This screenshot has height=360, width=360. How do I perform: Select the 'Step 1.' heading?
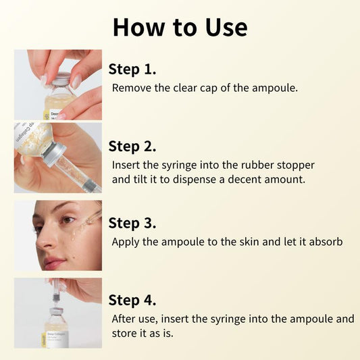coord(132,69)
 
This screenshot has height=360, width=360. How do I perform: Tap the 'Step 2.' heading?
coord(132,146)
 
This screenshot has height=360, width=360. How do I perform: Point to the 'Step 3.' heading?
coord(132,223)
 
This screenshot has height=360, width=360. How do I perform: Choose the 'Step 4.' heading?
coord(132,300)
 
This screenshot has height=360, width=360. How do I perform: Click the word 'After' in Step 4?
coord(126,318)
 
